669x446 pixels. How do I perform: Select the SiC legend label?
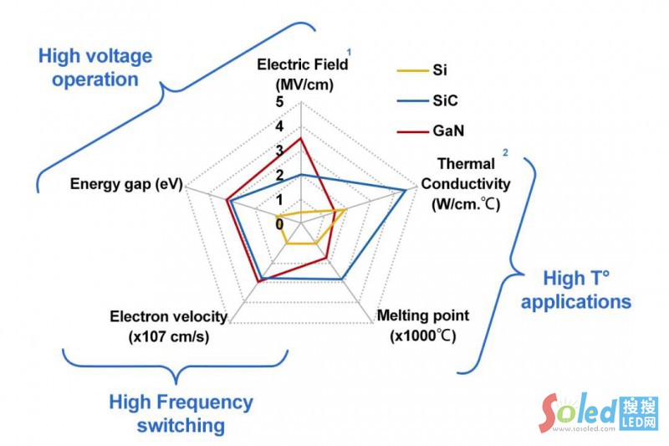coord(445,100)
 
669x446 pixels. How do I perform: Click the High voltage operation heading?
coord(95,68)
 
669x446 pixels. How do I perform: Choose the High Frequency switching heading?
coord(181,413)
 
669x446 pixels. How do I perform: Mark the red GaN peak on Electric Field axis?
coord(300,139)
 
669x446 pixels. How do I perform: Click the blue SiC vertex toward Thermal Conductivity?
coord(406,191)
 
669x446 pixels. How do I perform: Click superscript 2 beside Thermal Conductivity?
coord(504,152)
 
